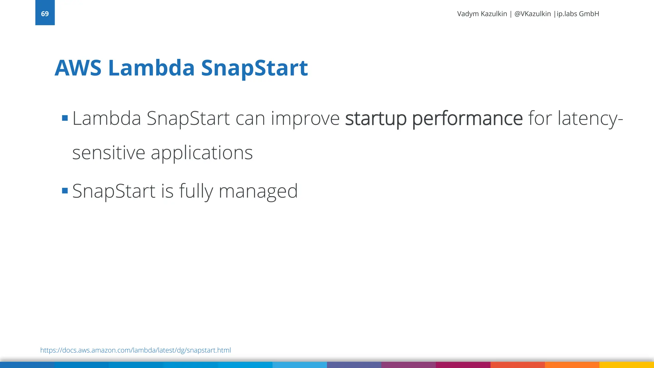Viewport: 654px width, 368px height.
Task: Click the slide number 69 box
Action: (45, 13)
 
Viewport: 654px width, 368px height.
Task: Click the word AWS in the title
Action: (78, 68)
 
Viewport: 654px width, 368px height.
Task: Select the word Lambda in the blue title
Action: (151, 68)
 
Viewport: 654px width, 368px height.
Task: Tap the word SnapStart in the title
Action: (254, 68)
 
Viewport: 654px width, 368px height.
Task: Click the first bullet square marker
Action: (65, 119)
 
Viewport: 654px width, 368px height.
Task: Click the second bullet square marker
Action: (65, 191)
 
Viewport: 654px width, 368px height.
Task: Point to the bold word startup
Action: (376, 119)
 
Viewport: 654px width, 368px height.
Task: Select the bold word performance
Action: (467, 119)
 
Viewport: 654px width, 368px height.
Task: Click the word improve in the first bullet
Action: (305, 119)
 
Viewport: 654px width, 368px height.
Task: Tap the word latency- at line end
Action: (590, 119)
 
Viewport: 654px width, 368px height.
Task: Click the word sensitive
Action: (109, 153)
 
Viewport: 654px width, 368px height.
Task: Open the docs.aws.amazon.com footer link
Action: (135, 350)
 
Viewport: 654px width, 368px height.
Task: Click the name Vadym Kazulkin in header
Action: (482, 14)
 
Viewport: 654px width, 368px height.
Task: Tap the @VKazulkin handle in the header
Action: (532, 14)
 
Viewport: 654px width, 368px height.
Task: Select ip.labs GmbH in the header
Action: (578, 14)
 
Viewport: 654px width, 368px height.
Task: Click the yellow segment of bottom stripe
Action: (627, 365)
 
